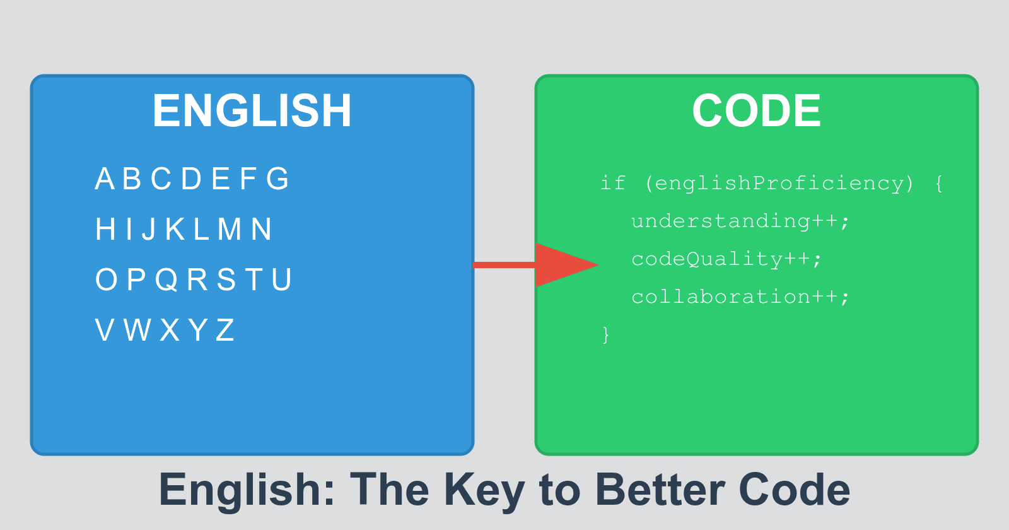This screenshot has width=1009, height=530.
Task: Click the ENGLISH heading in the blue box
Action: (x=252, y=111)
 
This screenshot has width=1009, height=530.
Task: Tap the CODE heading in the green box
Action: (x=756, y=111)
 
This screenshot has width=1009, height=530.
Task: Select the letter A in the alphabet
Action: (x=105, y=179)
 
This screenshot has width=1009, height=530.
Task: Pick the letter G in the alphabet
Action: (x=277, y=179)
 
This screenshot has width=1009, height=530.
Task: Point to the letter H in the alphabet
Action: (x=105, y=230)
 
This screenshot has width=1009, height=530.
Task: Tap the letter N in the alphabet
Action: (x=262, y=230)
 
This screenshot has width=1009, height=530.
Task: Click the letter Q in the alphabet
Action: (x=166, y=280)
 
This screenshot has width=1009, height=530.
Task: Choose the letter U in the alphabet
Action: (x=282, y=280)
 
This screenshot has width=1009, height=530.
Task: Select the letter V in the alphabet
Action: (x=105, y=331)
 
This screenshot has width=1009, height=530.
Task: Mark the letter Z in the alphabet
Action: (x=225, y=331)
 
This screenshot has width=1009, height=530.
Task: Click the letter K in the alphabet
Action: (x=175, y=230)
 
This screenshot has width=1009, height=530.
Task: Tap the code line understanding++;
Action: (x=740, y=221)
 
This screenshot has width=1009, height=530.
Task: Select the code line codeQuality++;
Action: (x=726, y=259)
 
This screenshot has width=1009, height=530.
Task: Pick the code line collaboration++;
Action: (x=740, y=297)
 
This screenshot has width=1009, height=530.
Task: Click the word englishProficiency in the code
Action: (x=779, y=184)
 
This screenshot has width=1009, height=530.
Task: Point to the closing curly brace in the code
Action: (x=606, y=334)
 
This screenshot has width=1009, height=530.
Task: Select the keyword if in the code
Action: (x=612, y=184)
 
